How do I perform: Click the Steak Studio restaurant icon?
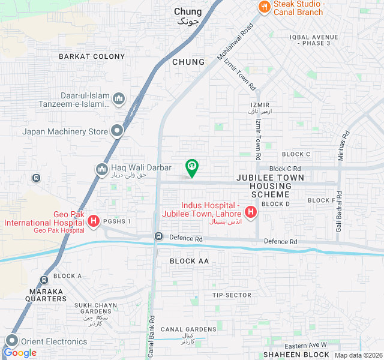pyautogui.click(x=263, y=7)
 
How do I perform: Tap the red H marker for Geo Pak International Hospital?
pyautogui.click(x=94, y=221)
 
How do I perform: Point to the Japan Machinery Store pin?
pyautogui.click(x=118, y=131)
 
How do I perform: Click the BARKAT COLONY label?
pyautogui.click(x=92, y=56)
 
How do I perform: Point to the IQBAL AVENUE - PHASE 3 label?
pyautogui.click(x=318, y=40)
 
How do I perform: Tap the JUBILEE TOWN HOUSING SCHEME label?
pyautogui.click(x=270, y=186)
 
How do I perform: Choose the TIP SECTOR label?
pyautogui.click(x=232, y=295)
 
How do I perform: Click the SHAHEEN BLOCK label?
pyautogui.click(x=296, y=355)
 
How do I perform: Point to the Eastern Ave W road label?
pyautogui.click(x=305, y=346)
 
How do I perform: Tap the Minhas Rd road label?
pyautogui.click(x=344, y=143)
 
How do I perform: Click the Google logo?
pyautogui.click(x=20, y=353)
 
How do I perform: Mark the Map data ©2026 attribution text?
pyautogui.click(x=358, y=355)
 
